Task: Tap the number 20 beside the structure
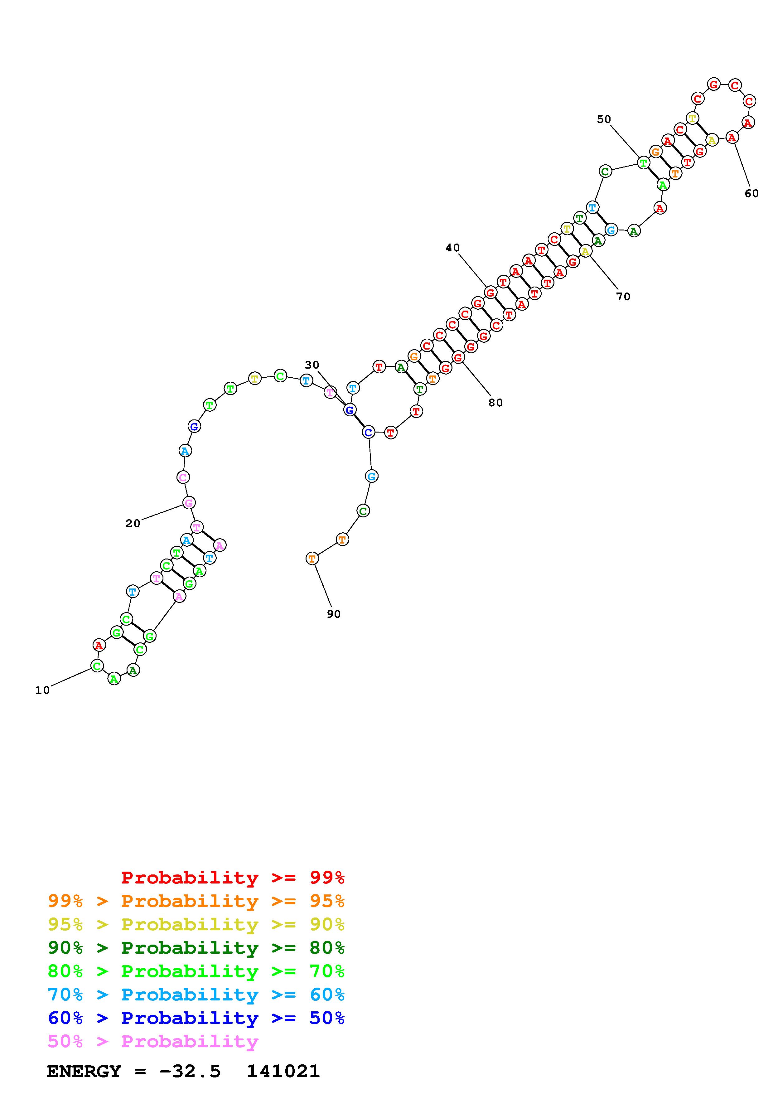pos(133,523)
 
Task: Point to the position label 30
pos(312,365)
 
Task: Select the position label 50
pos(604,119)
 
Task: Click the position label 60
pos(751,193)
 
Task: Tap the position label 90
pos(334,614)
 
